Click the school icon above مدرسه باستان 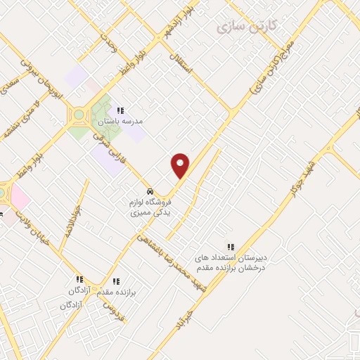[120, 110]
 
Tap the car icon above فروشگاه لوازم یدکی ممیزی [149, 191]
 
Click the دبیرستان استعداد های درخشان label [233, 262]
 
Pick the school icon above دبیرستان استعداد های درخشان [231, 246]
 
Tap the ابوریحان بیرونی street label [51, 77]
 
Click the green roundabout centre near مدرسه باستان [79, 115]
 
